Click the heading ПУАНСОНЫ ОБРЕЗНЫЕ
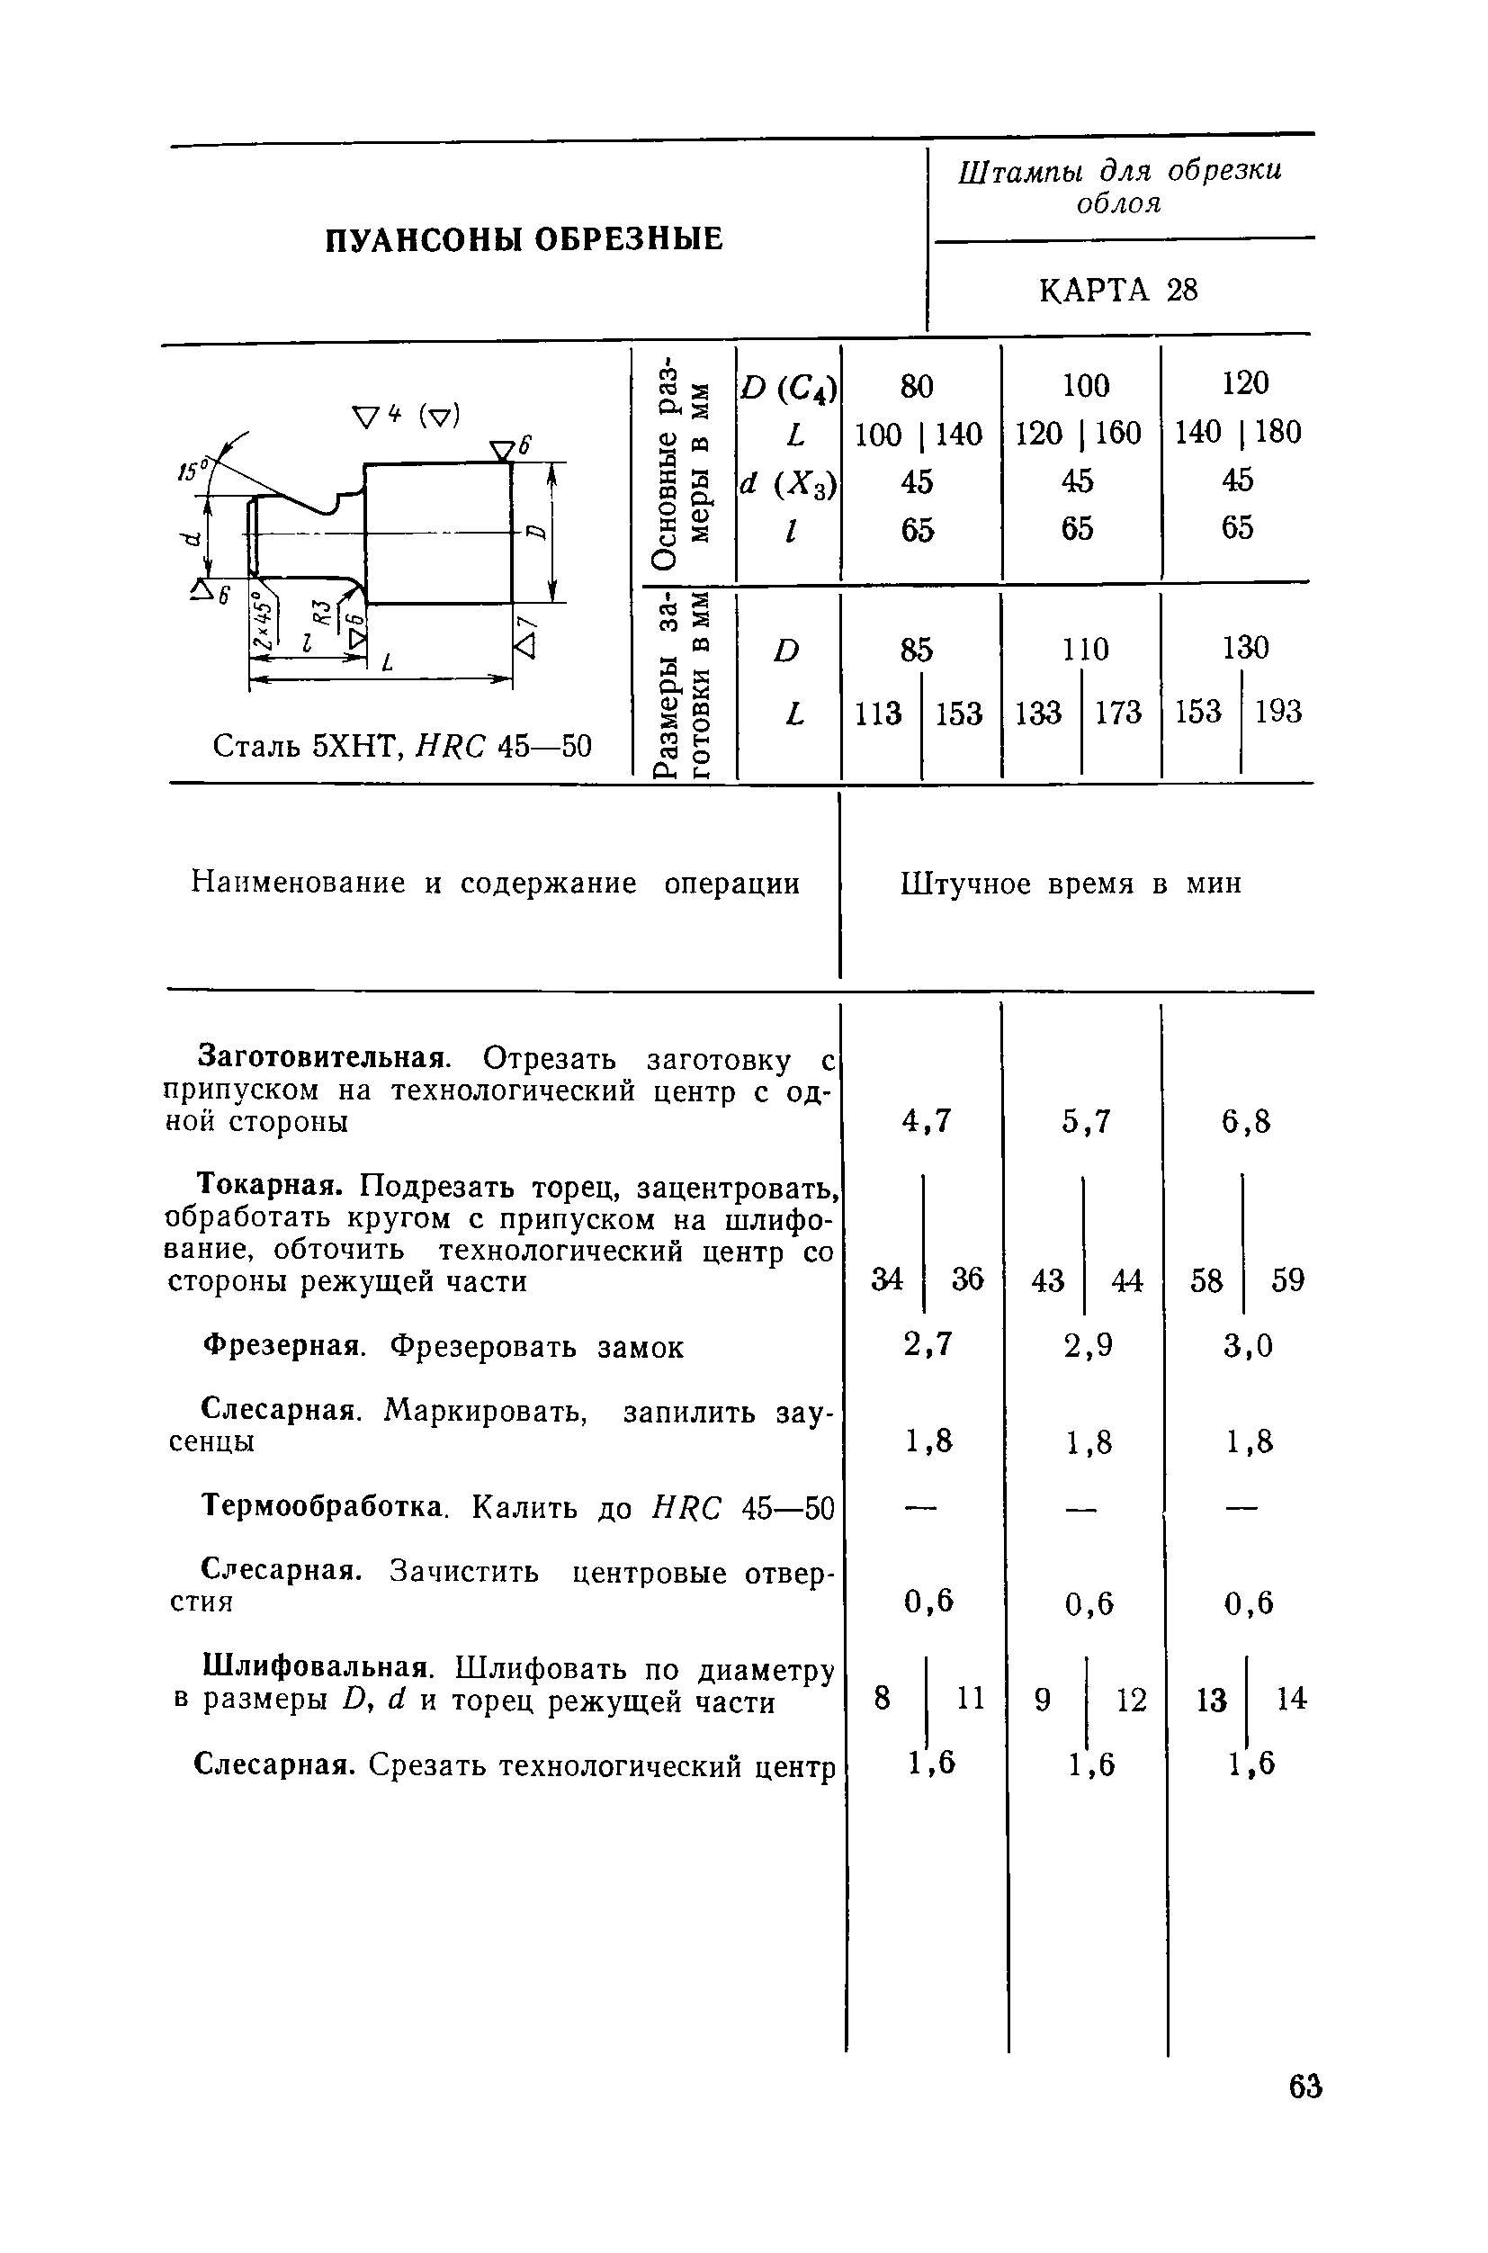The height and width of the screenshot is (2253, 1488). tap(524, 239)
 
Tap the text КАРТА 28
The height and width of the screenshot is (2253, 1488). tap(1119, 290)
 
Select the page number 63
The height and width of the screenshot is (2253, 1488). tap(1304, 2087)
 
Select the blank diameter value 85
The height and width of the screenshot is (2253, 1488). tap(917, 649)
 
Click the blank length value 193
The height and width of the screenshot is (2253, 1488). tap(1277, 712)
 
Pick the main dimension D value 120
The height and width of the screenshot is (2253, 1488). tap(1245, 383)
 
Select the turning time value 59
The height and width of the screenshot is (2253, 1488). tap(1287, 1280)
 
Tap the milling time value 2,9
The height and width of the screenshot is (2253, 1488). tap(1088, 1345)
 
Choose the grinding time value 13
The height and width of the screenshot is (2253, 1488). tap(1211, 1699)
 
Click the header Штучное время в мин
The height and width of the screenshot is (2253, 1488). tap(1071, 884)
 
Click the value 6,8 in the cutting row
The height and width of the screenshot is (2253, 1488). tap(1246, 1122)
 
